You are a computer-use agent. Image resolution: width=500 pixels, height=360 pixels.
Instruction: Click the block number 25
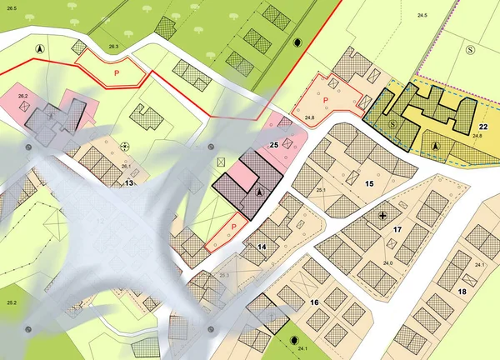[x=272, y=144]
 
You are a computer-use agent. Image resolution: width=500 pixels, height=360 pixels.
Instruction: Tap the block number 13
[x=129, y=182]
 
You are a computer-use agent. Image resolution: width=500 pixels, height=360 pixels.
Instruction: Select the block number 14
[x=262, y=247]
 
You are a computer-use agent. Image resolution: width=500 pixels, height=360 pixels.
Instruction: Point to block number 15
[x=369, y=182]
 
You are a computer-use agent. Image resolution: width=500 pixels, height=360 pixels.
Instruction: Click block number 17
[x=397, y=228]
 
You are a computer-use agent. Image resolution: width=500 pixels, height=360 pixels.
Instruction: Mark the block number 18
[x=462, y=291]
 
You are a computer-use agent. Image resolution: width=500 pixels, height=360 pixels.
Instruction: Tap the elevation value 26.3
[x=113, y=47]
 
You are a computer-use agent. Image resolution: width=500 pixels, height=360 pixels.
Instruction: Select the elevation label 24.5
[x=422, y=16]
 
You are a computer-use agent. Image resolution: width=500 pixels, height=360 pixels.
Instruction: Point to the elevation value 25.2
[x=12, y=302]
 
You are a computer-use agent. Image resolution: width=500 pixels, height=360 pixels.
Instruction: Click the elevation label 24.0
[x=387, y=263]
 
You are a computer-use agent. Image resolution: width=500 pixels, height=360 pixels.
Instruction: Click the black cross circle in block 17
[x=382, y=216]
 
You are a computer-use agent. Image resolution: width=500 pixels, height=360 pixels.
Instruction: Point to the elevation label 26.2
[x=22, y=97]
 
